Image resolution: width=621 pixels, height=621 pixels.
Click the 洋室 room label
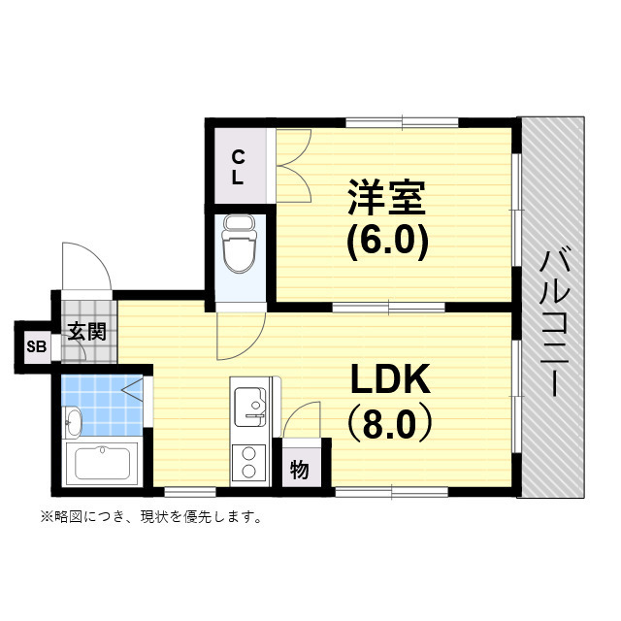[386, 197]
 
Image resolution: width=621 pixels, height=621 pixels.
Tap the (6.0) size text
[387, 242]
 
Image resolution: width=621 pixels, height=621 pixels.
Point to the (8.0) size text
[389, 425]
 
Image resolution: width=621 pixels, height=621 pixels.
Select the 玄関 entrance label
[85, 330]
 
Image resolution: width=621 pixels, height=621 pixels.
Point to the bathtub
[101, 467]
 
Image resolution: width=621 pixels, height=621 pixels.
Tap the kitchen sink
[252, 402]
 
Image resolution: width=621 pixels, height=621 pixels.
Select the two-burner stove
[247, 462]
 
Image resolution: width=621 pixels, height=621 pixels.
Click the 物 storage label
[300, 471]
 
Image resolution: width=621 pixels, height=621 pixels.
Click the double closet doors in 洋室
[293, 167]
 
